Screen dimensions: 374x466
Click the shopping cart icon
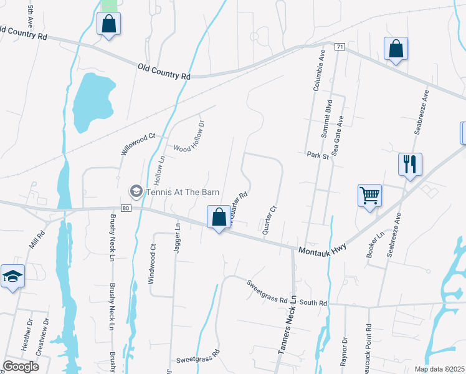point(369,196)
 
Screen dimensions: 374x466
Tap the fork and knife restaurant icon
point(411,165)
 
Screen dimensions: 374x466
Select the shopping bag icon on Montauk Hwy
point(219,218)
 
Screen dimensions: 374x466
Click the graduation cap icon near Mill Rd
point(12,276)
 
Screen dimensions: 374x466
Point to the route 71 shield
point(340,47)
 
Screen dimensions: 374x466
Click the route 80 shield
point(125,208)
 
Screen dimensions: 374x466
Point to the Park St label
point(317,156)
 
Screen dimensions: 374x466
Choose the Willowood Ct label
point(138,145)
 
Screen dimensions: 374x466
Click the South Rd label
point(313,303)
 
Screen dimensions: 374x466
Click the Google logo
point(21,366)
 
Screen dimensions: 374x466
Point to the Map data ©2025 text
point(440,369)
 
